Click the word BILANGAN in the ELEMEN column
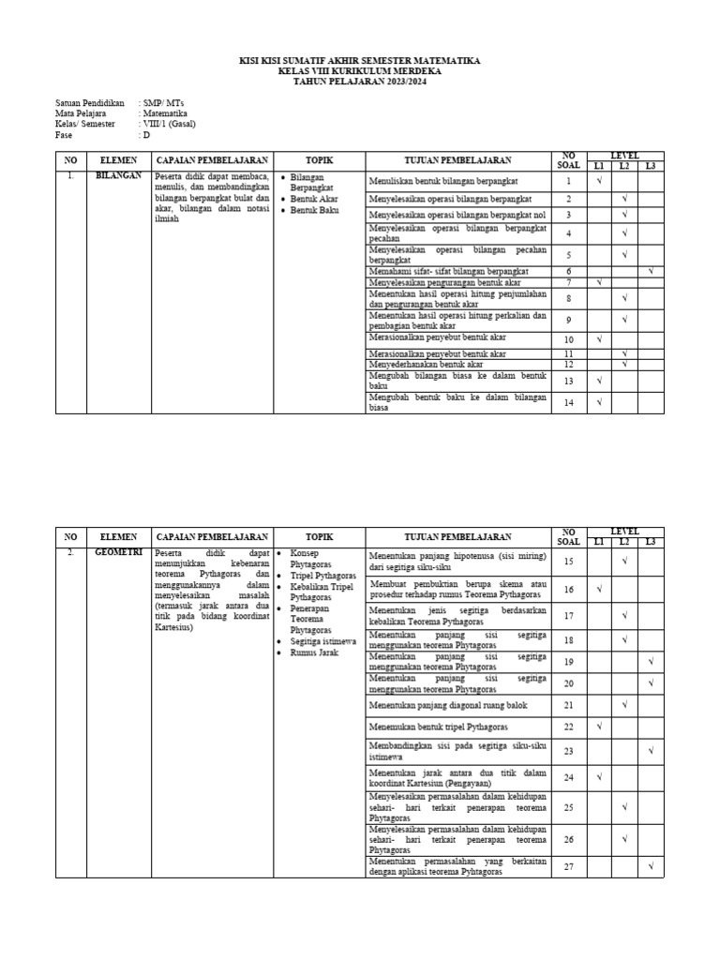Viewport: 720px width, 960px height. (118, 176)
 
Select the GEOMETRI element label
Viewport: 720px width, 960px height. (118, 553)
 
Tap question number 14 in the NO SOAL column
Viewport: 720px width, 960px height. (568, 402)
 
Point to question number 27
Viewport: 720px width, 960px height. (568, 866)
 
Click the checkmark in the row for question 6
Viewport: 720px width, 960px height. (651, 271)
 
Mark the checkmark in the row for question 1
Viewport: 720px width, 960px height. (598, 181)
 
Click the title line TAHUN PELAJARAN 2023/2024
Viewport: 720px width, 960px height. (359, 82)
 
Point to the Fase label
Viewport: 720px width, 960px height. (65, 133)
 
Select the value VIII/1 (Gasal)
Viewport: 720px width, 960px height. (169, 123)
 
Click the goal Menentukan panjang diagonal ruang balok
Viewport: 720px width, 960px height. (448, 704)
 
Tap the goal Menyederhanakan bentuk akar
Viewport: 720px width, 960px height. (427, 364)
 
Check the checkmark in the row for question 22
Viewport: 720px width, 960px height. (598, 727)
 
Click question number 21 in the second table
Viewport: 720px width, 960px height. (568, 704)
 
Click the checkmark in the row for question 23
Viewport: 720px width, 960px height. (651, 751)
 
